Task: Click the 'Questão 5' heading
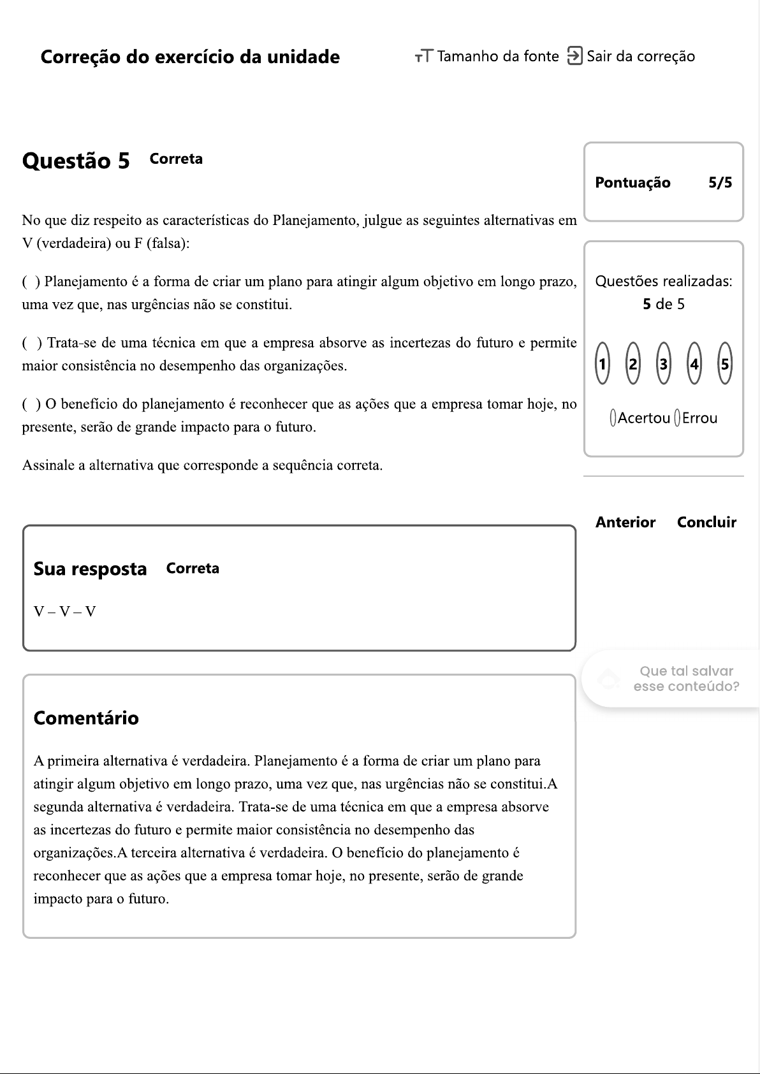75,161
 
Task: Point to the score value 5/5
720,183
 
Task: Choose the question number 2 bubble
632,364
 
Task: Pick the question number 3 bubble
664,364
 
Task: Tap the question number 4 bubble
694,364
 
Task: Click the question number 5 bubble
725,364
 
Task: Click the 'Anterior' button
625,522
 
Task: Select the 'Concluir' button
706,522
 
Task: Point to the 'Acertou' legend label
643,418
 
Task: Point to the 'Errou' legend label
699,418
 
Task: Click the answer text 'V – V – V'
65,612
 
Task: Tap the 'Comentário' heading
86,718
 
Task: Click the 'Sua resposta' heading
90,569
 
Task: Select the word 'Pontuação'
632,183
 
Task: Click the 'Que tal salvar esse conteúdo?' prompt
685,679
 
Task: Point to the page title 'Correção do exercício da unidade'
190,57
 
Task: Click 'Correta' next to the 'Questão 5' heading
176,159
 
